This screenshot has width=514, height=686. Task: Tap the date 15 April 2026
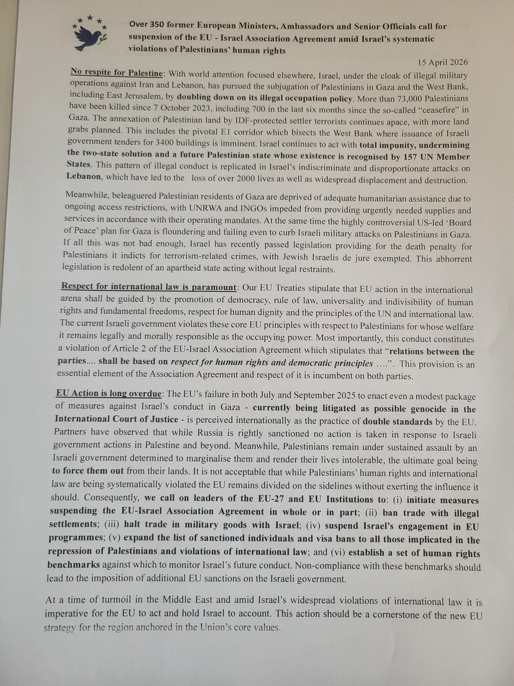click(x=442, y=62)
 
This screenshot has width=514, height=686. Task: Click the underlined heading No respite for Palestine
click(x=116, y=73)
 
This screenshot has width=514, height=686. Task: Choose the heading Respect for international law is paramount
click(x=149, y=287)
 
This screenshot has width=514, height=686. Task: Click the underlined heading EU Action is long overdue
click(x=108, y=394)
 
